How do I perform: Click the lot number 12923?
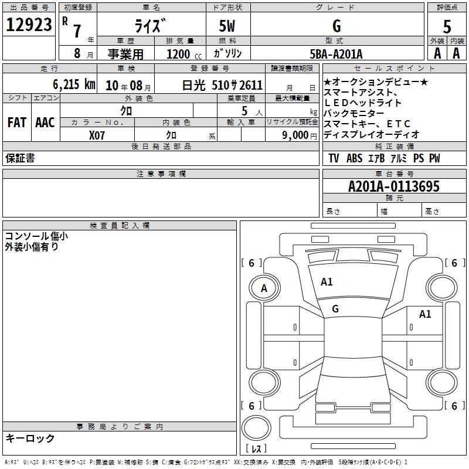(x=29, y=25)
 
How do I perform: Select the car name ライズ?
(x=151, y=26)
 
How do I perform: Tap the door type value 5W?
(x=228, y=26)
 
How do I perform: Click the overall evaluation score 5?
(x=447, y=26)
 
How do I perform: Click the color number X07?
(x=97, y=134)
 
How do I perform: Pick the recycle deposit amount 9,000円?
(x=300, y=135)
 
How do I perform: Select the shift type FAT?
(x=16, y=123)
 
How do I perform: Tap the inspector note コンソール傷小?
(x=36, y=236)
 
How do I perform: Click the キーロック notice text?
(x=30, y=438)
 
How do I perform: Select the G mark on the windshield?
(x=335, y=308)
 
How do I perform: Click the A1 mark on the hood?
(x=327, y=282)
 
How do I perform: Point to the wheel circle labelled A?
(x=264, y=288)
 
